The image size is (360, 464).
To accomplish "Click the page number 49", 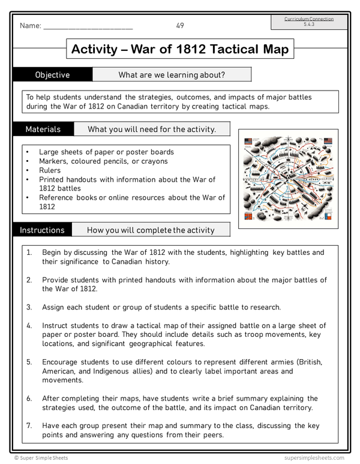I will coord(180,25).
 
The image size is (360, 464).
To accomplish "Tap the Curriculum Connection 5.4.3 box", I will coord(309,22).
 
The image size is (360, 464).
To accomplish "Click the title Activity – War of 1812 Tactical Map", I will coord(180,49).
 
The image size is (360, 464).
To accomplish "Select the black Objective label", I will coord(52,75).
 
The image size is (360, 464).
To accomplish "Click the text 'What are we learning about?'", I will coord(172,75).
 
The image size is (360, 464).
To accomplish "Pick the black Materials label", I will coord(43,129).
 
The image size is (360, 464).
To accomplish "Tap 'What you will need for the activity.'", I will coord(151,129).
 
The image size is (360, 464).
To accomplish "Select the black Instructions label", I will coord(42,230).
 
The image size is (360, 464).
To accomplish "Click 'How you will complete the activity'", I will coord(150,230).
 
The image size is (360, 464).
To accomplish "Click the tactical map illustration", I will coord(288,179).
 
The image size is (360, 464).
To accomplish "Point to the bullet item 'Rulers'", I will coord(51,170).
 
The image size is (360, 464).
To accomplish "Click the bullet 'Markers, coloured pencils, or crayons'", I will coord(103,161).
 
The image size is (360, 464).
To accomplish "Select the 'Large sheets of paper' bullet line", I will coord(106,152).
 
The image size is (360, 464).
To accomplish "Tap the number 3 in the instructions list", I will coord(29,307).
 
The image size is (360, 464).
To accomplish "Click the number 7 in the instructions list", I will coord(29,426).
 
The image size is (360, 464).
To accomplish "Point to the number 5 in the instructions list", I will coord(29,362).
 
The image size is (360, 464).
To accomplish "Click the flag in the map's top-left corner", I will coord(248,141).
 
